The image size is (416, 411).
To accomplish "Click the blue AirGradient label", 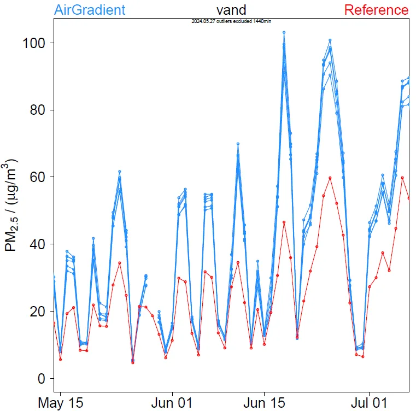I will coord(90,10).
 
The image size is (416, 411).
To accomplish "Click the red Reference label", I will coord(376,10).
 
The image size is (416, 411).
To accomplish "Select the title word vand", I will coord(231,10).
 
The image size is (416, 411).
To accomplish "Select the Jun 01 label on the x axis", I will coord(172,403).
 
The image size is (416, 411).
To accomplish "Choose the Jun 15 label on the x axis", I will coord(264,403).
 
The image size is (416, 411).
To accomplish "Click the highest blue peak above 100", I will coord(284,33).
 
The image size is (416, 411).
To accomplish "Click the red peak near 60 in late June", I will coord(330,178).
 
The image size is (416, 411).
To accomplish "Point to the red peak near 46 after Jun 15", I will coord(284,222).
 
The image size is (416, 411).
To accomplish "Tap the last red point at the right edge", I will coord(409,198).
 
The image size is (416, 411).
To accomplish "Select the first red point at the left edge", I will coord(54,323).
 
